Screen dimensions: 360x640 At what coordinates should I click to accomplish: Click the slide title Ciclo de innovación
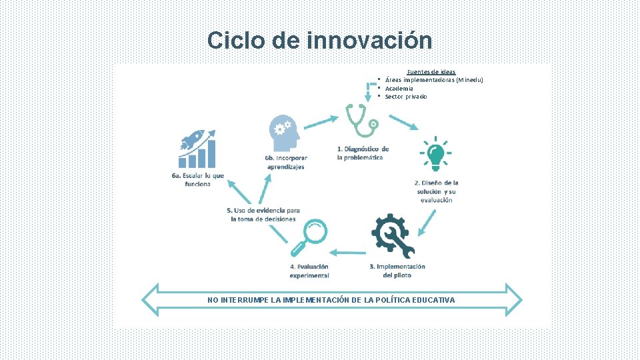pos(319,40)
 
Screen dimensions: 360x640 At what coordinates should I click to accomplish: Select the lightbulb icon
pos(435,155)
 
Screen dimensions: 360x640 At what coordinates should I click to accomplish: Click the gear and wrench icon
pos(393,235)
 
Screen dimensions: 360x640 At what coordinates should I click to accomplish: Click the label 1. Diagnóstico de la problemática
pos(362,153)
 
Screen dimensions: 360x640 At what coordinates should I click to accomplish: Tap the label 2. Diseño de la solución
pos(436,191)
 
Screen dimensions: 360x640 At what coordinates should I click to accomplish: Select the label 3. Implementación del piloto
pos(397,271)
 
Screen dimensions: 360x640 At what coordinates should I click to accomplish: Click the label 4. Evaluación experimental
pos(309,271)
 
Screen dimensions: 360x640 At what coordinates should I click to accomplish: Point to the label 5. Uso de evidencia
pos(263,215)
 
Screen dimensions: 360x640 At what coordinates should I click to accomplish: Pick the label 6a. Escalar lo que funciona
pos(197,179)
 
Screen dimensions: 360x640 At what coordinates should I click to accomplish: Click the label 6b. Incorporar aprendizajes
pos(285,162)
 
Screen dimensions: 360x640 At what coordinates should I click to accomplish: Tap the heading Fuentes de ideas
pos(431,72)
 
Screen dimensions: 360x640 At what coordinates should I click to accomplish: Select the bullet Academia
pos(399,88)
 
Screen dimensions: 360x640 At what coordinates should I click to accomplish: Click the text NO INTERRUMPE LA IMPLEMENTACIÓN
pos(331,300)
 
